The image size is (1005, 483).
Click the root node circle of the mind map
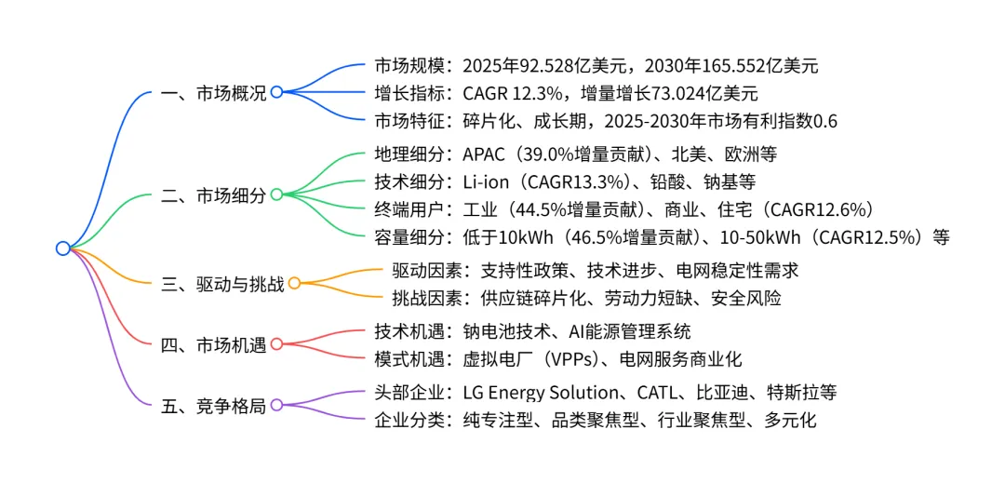click(62, 248)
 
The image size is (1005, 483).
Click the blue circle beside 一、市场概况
click(276, 92)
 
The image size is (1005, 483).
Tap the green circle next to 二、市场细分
click(276, 195)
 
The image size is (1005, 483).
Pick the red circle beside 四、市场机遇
click(276, 345)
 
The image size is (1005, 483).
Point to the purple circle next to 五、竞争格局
click(276, 406)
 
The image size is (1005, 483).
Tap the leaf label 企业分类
click(409, 420)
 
